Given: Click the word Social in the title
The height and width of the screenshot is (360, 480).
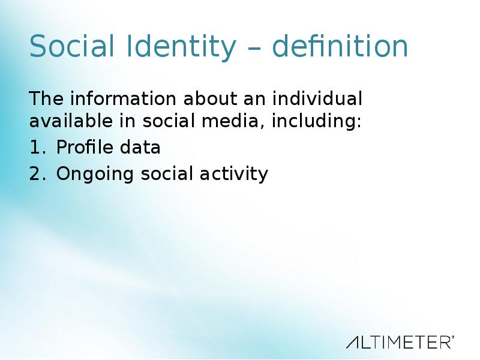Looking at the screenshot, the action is pos(71,46).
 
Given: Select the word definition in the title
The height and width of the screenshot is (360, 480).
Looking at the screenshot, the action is pos(340,46).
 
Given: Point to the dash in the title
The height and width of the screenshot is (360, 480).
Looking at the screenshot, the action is pos(254,48).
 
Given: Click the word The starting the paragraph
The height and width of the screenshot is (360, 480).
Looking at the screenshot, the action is pos(46,98).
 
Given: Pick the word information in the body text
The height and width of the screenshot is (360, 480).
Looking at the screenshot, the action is pos(123,98).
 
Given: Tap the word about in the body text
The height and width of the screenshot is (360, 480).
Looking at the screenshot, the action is pos(210,98).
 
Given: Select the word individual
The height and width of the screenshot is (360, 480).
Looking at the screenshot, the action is pos(317,98).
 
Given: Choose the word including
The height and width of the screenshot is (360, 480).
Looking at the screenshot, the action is pos(317,121).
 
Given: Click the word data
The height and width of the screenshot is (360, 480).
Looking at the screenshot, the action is pos(140,146).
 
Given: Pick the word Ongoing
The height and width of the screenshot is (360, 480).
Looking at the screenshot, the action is pos(95,175).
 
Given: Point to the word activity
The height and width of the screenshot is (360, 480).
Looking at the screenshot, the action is pos(234,175).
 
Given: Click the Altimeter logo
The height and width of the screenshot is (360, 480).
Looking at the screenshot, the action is pos(400,342).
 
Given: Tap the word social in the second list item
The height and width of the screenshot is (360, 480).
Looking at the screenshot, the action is pos(167,173).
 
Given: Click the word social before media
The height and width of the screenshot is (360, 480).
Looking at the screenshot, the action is pos(169,121).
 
